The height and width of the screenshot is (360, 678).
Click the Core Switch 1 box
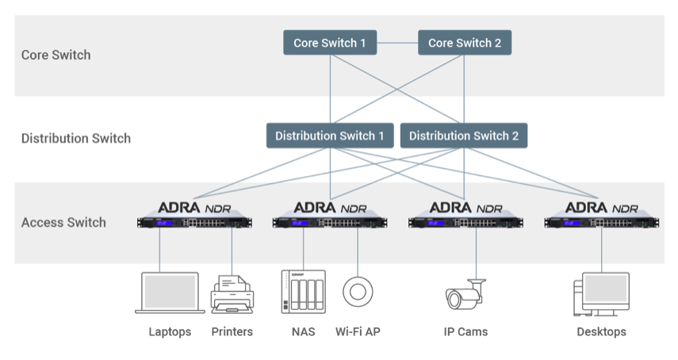(330, 43)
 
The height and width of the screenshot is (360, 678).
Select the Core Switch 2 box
(465, 43)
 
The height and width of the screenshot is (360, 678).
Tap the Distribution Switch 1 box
(329, 136)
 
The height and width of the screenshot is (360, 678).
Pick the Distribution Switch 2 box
(464, 136)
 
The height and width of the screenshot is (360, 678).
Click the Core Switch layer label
(56, 55)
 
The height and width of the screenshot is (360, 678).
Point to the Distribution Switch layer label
(76, 138)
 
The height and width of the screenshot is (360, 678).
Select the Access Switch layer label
(63, 222)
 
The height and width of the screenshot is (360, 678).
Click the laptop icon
(169, 293)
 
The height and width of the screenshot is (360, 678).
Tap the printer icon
(232, 294)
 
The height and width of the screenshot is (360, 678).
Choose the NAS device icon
(303, 292)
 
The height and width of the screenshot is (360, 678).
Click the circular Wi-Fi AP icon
(358, 291)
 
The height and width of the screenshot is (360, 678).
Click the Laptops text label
(170, 331)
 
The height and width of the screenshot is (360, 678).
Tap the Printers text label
(232, 331)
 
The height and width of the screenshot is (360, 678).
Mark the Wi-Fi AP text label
(358, 331)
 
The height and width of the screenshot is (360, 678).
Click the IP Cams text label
(465, 331)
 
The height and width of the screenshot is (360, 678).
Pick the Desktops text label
(601, 331)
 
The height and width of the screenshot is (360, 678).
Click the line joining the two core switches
(397, 43)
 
